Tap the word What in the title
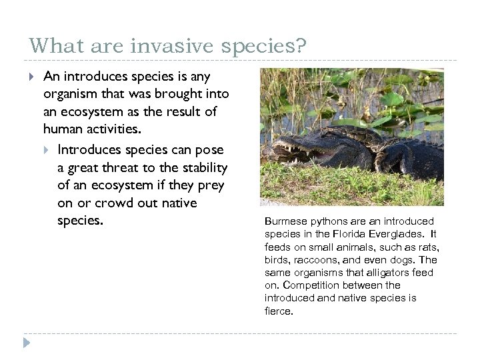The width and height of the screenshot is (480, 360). pyautogui.click(x=50, y=46)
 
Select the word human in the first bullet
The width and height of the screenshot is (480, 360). pyautogui.click(x=65, y=129)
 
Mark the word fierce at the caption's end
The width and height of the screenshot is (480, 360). pyautogui.click(x=278, y=311)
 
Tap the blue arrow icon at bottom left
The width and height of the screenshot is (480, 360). pyautogui.click(x=26, y=343)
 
